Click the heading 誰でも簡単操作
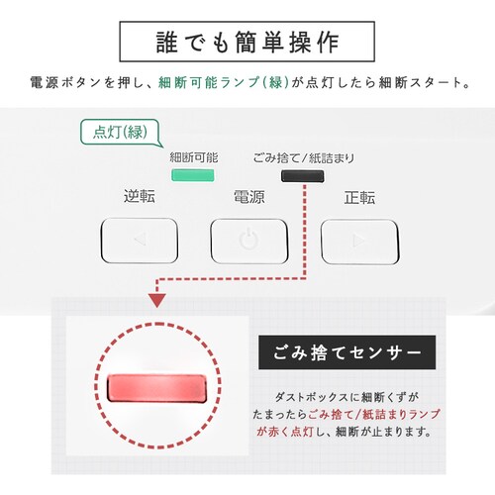click(247, 42)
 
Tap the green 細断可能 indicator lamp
click(193, 175)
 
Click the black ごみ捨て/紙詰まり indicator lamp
click(302, 176)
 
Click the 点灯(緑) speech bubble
click(122, 133)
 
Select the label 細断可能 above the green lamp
click(194, 157)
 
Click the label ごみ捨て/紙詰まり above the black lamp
click(304, 158)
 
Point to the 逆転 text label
click(140, 196)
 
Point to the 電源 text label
click(249, 197)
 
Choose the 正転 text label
click(359, 198)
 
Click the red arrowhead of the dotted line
click(157, 300)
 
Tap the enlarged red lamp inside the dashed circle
click(157, 388)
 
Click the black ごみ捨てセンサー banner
click(346, 352)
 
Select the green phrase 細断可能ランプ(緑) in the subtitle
click(224, 82)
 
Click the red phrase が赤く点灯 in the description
click(285, 432)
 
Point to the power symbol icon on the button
click(248, 240)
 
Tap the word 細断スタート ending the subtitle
click(421, 82)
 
